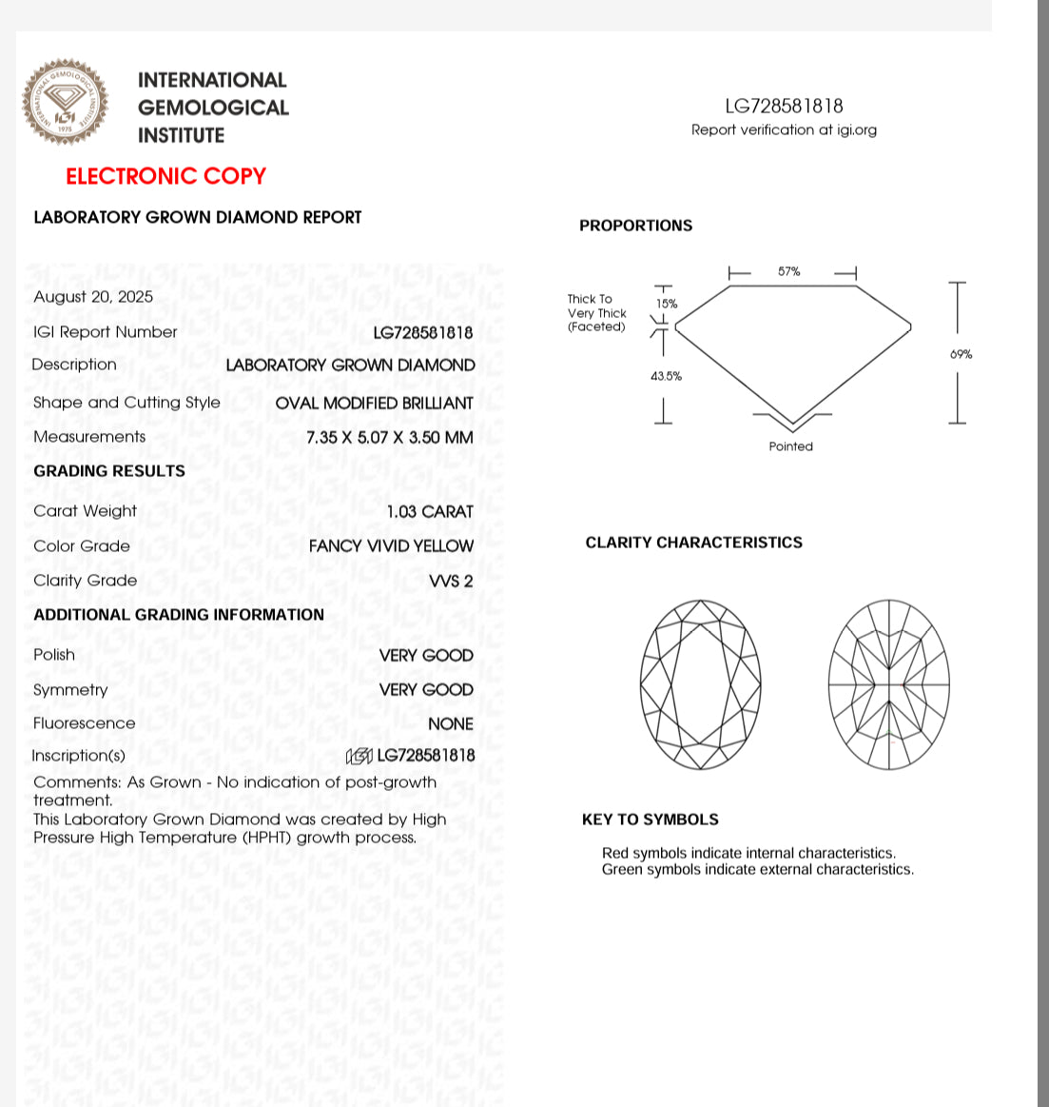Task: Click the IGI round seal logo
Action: point(65,102)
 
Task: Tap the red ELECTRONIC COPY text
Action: point(165,176)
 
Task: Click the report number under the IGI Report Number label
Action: point(423,332)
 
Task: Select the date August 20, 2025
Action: point(93,297)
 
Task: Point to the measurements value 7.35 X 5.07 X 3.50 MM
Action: point(389,438)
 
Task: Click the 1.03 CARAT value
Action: point(429,512)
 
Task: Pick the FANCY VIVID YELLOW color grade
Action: point(391,546)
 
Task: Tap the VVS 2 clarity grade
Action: point(451,581)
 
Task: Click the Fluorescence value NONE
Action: point(450,724)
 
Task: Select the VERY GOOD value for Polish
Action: point(426,656)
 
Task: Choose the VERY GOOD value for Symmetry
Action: point(426,690)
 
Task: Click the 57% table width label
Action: point(789,272)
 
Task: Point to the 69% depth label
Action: point(961,354)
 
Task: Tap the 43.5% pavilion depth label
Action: point(666,376)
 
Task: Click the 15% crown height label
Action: point(667,304)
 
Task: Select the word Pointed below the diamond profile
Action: point(790,446)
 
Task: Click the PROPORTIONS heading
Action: point(635,226)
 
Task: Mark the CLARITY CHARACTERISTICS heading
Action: point(693,543)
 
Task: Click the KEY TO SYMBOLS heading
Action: point(650,820)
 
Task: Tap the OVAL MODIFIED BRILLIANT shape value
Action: point(374,404)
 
